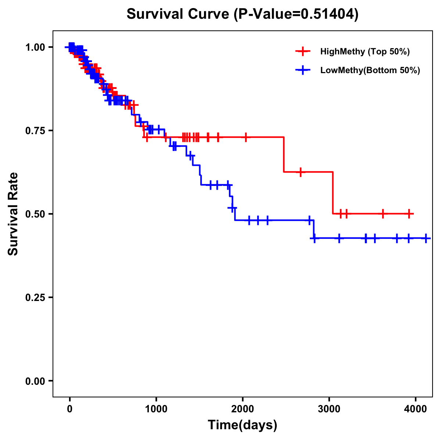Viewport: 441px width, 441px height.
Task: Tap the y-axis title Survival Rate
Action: click(x=13, y=214)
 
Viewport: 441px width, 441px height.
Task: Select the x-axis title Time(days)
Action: click(x=243, y=425)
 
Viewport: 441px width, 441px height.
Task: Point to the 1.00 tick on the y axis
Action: click(x=35, y=47)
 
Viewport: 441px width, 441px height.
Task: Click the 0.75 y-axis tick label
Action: click(x=35, y=130)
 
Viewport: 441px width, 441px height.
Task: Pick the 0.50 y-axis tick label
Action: click(x=35, y=214)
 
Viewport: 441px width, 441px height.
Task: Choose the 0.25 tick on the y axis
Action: click(x=35, y=297)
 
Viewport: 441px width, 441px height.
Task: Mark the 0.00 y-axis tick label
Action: click(x=35, y=381)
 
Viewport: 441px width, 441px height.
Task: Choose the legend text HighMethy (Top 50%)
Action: click(x=365, y=51)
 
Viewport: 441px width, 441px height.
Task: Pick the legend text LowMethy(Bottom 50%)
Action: click(x=370, y=70)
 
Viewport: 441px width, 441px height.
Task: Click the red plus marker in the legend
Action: click(x=303, y=51)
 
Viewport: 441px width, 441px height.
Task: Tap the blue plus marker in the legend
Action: click(x=303, y=70)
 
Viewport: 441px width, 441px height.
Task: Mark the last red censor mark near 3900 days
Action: click(x=409, y=214)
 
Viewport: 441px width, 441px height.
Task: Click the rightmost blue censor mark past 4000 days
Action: click(x=426, y=239)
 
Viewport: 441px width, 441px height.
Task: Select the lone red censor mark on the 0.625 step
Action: click(x=301, y=172)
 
